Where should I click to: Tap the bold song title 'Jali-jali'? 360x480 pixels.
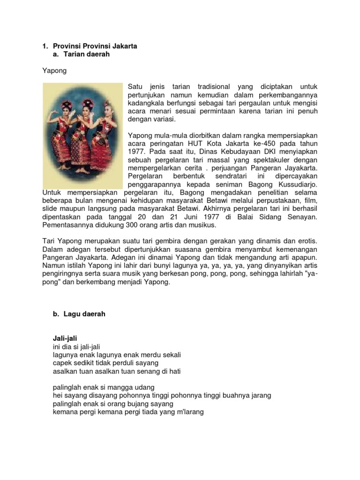(x=65, y=338)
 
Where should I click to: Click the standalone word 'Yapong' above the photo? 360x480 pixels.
(x=54, y=71)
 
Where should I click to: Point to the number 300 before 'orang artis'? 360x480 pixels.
(x=130, y=225)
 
